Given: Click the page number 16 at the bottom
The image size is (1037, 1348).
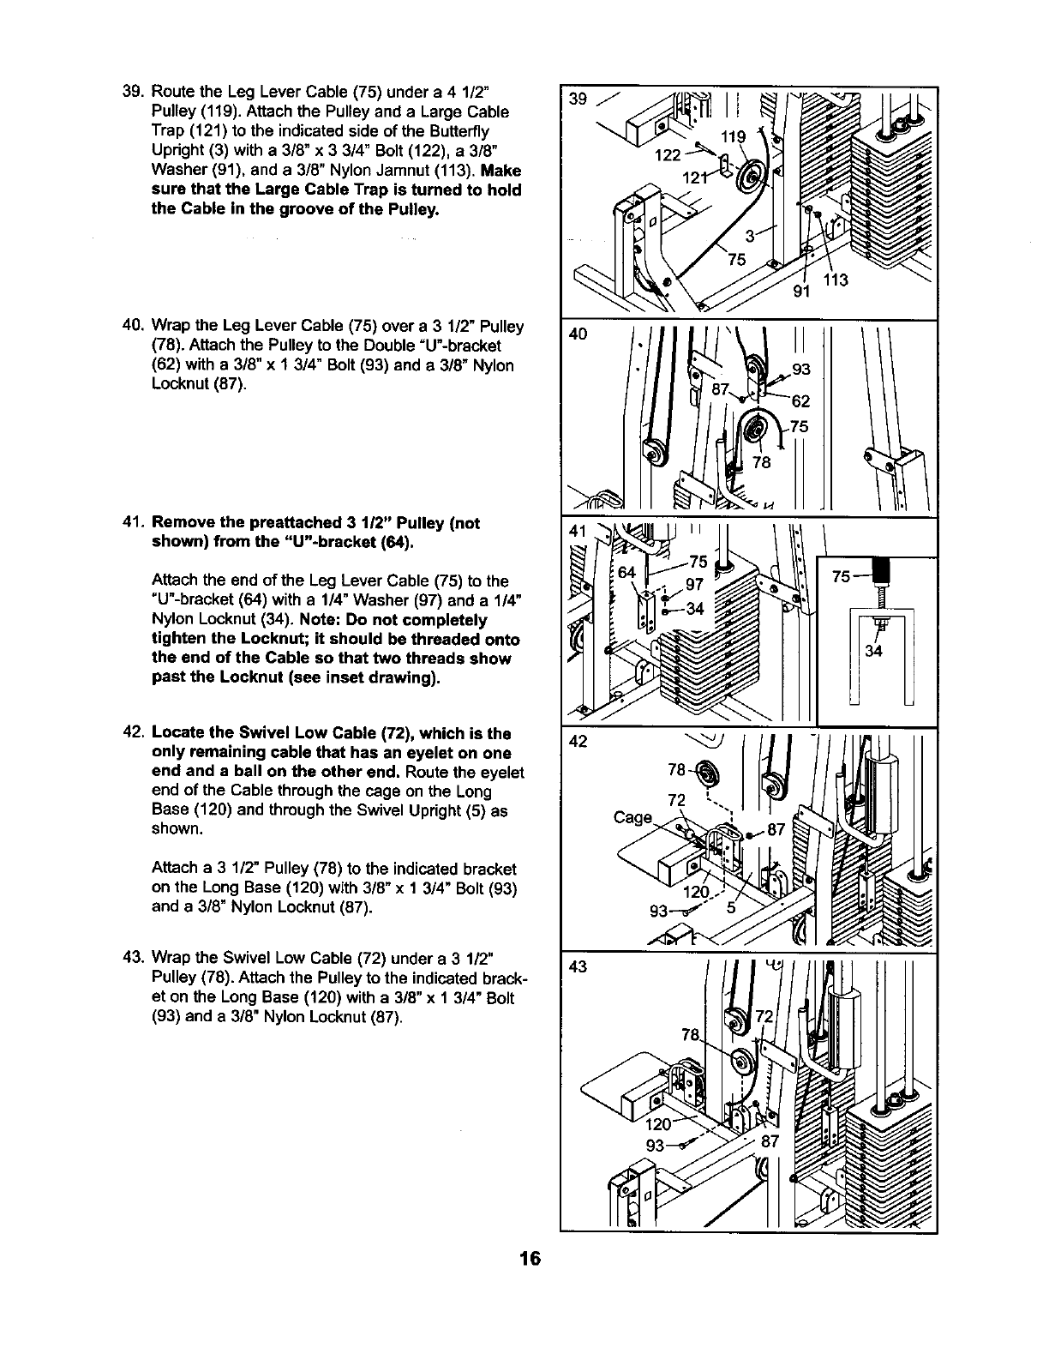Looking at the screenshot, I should coord(530,1259).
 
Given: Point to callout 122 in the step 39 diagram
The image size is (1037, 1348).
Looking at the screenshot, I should coord(668,155).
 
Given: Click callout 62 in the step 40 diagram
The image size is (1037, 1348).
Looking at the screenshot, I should coord(800,401).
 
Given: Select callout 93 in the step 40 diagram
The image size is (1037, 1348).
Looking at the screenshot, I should coord(800,370).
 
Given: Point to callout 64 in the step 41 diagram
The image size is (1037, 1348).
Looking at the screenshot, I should coord(627,571).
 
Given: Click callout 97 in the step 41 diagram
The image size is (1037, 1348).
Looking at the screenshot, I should coord(696,586).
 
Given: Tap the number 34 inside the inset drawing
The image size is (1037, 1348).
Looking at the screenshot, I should coord(873,652).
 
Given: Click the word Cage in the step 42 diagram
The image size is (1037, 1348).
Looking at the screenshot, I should coord(633,817).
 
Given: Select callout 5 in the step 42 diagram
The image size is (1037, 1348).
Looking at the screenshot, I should coord(730,910).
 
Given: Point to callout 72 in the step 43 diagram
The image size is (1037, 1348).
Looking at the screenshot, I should coord(764,1018).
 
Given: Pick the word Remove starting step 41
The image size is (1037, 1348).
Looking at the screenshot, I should coord(182,523).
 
